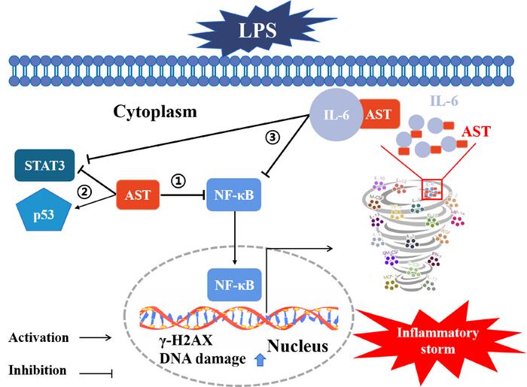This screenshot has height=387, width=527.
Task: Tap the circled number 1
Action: pyautogui.click(x=178, y=180)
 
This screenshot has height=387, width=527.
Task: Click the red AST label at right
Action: pyautogui.click(x=496, y=131)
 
